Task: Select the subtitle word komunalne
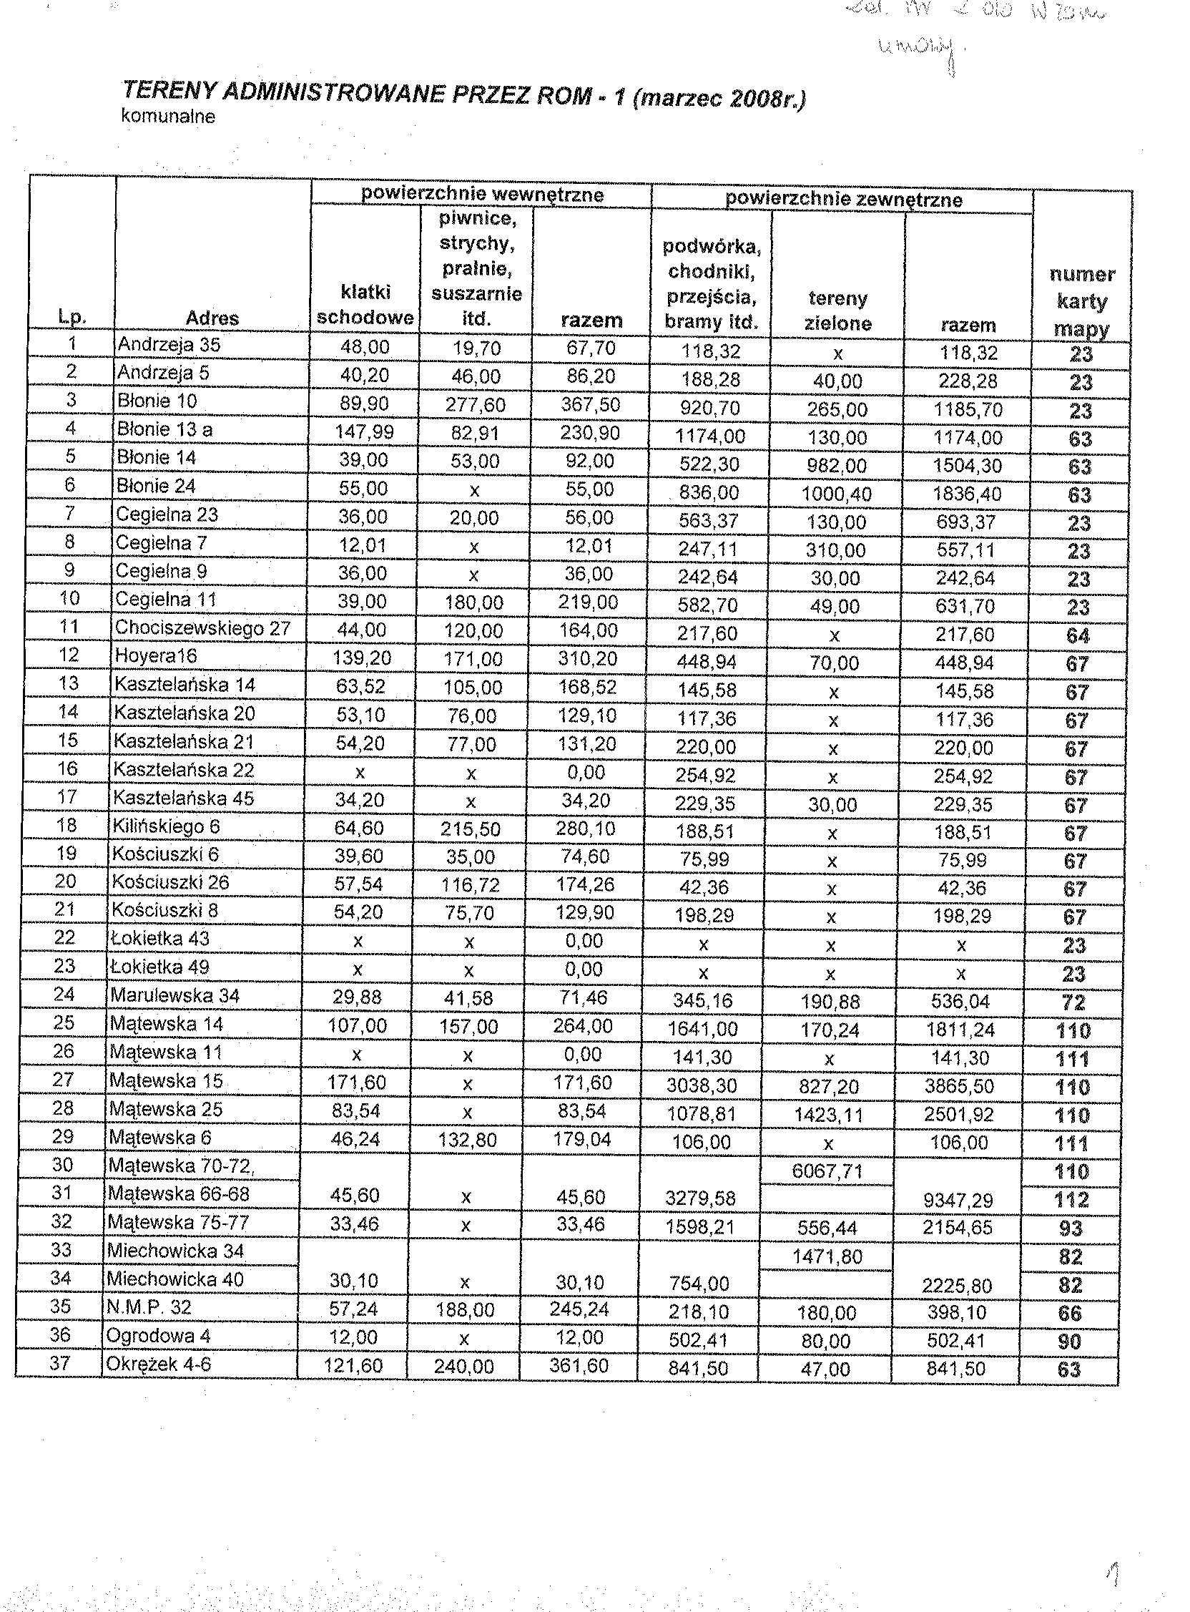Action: (x=169, y=117)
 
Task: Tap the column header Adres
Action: (x=212, y=318)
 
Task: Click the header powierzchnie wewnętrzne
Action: (x=482, y=195)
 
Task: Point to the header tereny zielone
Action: (x=837, y=311)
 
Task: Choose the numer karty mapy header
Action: (x=1082, y=301)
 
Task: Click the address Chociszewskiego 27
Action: (x=202, y=628)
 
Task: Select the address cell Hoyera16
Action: (x=156, y=657)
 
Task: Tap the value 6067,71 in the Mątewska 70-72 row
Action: (x=827, y=1172)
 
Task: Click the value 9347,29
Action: (x=958, y=1201)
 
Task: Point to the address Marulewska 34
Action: (x=174, y=996)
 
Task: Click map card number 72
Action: (x=1073, y=1002)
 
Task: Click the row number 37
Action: (x=60, y=1364)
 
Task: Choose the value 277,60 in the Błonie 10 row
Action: (x=475, y=405)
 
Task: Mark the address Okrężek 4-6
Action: (x=159, y=1364)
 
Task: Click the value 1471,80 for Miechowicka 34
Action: (x=827, y=1257)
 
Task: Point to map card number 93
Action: (x=1071, y=1228)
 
